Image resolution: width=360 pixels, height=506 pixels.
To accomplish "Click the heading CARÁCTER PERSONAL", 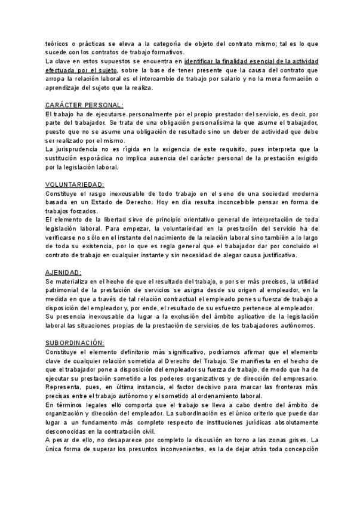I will (84, 104).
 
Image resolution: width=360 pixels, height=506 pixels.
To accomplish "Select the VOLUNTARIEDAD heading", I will (75, 184).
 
